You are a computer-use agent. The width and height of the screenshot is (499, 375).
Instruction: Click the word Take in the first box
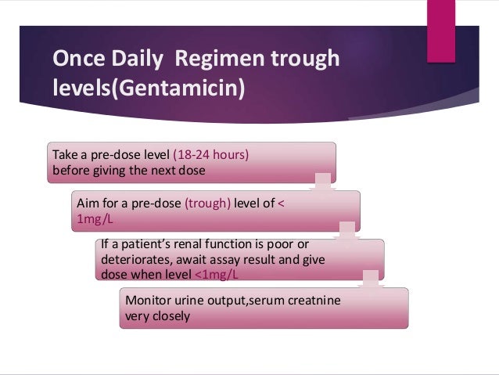pyautogui.click(x=65, y=154)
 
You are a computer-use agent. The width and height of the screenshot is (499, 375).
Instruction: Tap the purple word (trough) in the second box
pyautogui.click(x=209, y=203)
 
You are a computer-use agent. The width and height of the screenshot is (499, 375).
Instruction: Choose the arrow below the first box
pyautogui.click(x=320, y=182)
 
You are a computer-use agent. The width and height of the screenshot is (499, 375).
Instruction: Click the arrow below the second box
pyautogui.click(x=344, y=231)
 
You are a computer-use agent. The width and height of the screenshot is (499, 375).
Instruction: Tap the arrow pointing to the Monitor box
pyautogui.click(x=368, y=279)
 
